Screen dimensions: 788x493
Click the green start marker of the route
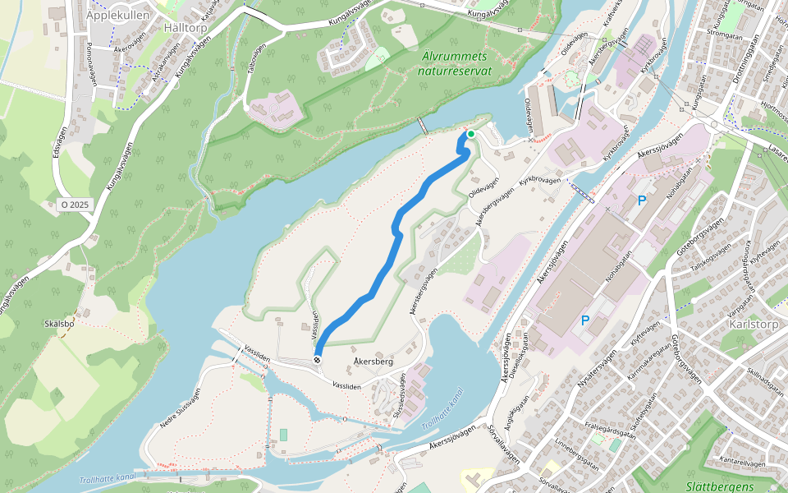471,134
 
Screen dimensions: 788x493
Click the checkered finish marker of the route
317,360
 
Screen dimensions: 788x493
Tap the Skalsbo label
60,323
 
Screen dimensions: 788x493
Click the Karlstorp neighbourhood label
752,323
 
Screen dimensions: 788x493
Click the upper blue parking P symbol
642,200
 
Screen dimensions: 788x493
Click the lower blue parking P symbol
586,320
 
